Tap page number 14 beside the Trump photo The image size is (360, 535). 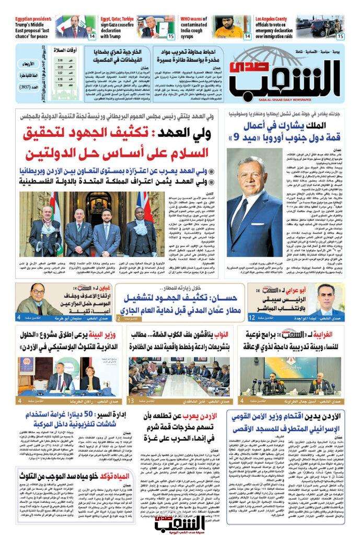point(91,37)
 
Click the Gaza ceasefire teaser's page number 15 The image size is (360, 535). point(171,37)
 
